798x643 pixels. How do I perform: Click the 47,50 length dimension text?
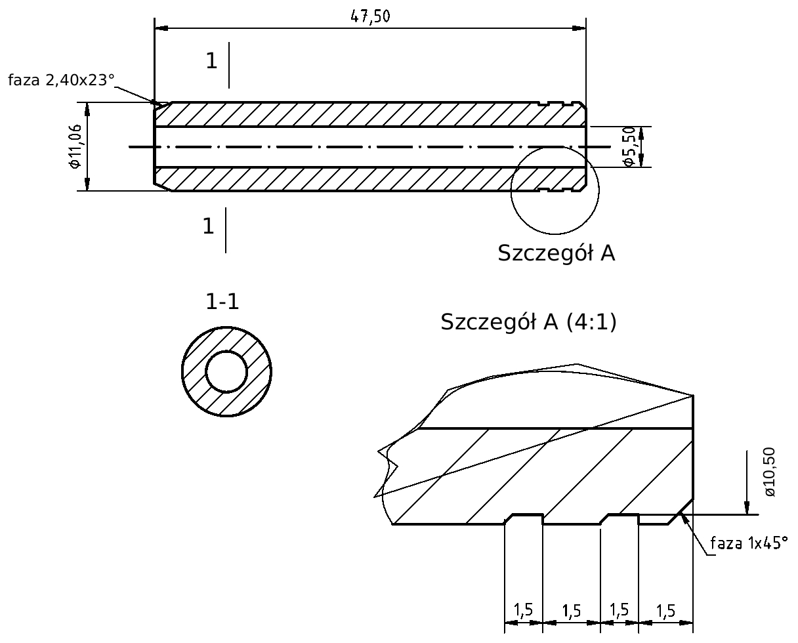coord(370,16)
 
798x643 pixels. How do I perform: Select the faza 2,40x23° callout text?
coord(61,80)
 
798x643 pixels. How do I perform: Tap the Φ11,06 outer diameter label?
coord(75,146)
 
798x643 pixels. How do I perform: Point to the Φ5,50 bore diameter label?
coord(629,146)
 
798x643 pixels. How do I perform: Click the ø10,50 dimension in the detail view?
coord(770,472)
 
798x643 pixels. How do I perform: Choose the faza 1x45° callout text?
coord(749,543)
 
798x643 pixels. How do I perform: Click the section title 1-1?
coord(222,301)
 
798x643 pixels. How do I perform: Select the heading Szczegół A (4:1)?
coord(528,322)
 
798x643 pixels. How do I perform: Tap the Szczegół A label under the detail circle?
coord(556,253)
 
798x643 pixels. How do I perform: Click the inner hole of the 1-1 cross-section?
coord(226,371)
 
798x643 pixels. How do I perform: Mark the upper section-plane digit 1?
coord(211,61)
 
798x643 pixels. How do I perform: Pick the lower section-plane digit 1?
coord(209,226)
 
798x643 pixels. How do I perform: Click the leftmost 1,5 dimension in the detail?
coord(523,610)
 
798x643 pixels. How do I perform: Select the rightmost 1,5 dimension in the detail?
coord(665,611)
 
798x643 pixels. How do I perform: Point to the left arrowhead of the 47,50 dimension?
coord(161,28)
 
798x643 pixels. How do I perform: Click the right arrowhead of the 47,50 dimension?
coord(579,28)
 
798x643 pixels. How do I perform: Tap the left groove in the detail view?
coord(524,519)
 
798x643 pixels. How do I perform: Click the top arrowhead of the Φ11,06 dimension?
coord(87,109)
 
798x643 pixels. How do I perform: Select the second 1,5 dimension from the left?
coord(572,611)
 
